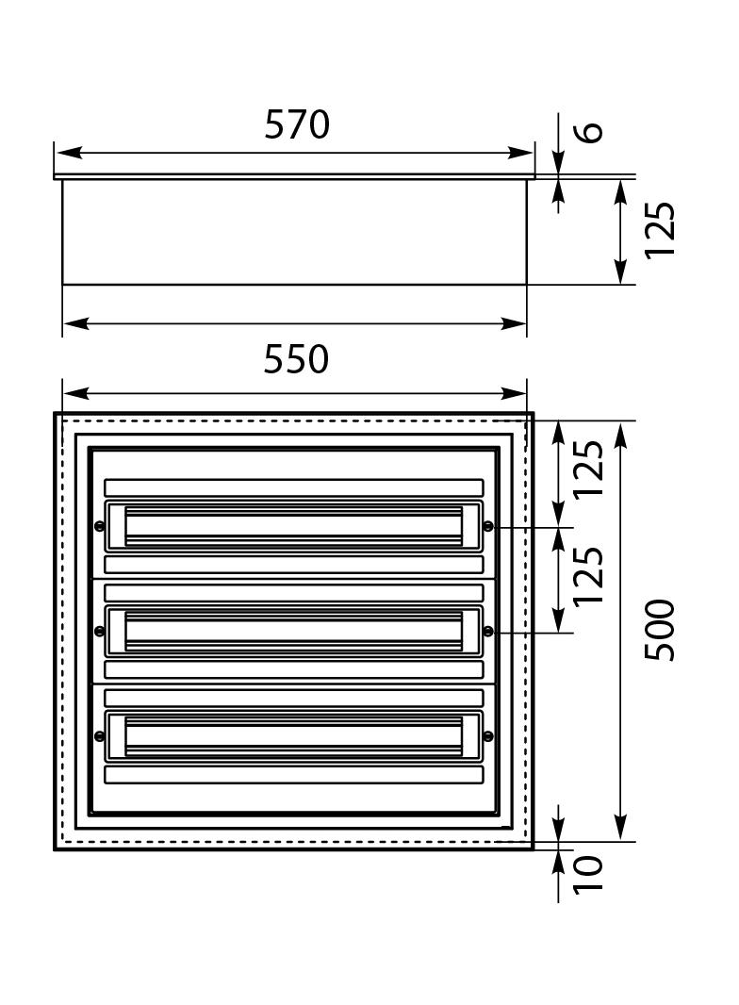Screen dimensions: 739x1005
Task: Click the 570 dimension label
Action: pyautogui.click(x=297, y=125)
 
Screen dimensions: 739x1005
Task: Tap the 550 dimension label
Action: pyautogui.click(x=296, y=359)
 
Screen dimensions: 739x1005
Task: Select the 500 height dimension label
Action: pyautogui.click(x=660, y=630)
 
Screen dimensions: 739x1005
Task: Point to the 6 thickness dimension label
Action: pyautogui.click(x=589, y=132)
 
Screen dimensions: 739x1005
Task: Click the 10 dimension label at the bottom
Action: pyautogui.click(x=588, y=874)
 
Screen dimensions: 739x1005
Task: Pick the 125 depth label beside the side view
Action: pyautogui.click(x=660, y=231)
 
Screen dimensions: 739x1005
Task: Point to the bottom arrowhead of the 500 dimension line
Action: pyautogui.click(x=620, y=827)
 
